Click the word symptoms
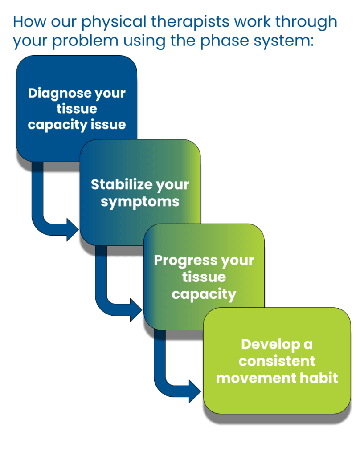[140, 202]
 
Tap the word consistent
[277, 361]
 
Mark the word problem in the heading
[79, 41]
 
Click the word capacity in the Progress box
[204, 294]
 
